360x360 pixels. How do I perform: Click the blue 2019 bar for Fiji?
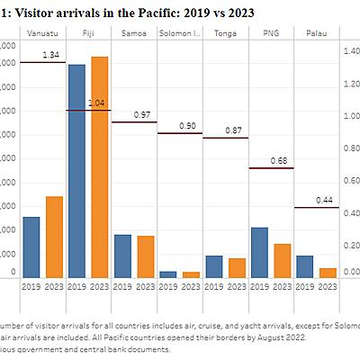click(x=77, y=171)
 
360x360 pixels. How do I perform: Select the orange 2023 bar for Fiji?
click(x=100, y=167)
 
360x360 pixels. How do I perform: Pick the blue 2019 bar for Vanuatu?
click(x=31, y=247)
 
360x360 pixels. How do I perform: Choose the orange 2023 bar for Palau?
click(x=327, y=273)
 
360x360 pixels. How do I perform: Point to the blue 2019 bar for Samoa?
click(x=122, y=256)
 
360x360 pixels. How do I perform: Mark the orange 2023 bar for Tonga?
click(x=237, y=267)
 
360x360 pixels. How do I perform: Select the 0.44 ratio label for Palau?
click(x=325, y=200)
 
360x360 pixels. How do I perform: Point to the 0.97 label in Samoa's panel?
click(x=142, y=115)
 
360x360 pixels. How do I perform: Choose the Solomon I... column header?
click(x=180, y=33)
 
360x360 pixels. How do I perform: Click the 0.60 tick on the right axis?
click(x=352, y=180)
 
